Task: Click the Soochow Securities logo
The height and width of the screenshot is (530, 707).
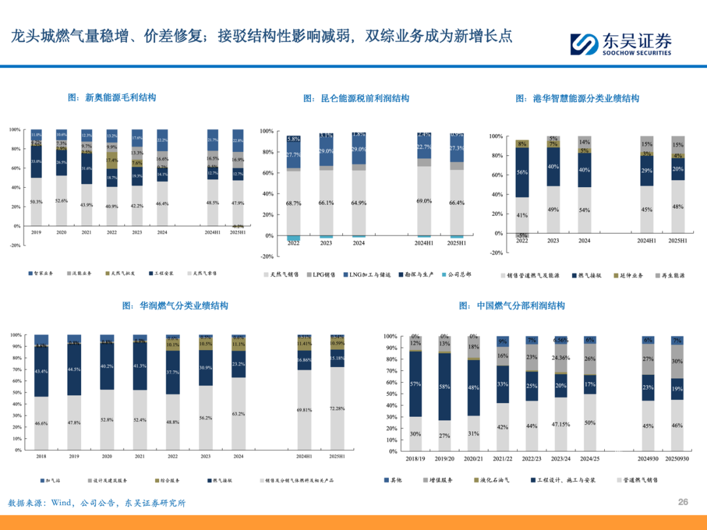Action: point(620,43)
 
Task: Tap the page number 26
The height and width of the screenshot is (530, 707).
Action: point(683,502)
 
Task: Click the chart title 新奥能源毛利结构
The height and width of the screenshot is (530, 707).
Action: point(112,97)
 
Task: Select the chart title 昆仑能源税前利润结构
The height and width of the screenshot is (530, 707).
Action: point(356,98)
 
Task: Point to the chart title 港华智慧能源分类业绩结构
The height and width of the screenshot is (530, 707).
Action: point(577,98)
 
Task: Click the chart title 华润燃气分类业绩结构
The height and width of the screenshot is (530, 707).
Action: point(175,306)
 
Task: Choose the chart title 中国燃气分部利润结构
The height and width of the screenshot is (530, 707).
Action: point(512,306)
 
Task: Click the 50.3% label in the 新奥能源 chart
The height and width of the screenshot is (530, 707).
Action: point(36,202)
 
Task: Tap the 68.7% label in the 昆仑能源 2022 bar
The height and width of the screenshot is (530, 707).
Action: point(294,204)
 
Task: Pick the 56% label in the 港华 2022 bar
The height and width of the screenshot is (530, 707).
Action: point(522,173)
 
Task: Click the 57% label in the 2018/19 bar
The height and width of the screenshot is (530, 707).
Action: point(415,384)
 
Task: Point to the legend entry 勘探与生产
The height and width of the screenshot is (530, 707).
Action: point(415,275)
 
